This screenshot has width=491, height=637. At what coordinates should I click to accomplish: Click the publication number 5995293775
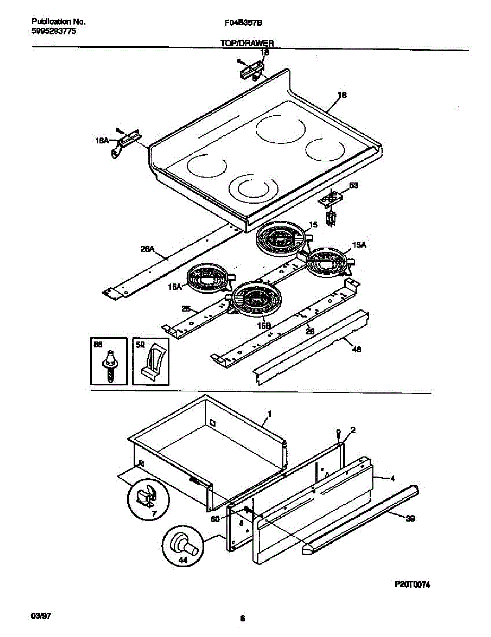54,31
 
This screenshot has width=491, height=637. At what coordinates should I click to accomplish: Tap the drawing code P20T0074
412,584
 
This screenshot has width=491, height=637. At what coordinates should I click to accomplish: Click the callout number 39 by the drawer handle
409,520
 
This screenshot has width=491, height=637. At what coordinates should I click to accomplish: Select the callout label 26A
147,247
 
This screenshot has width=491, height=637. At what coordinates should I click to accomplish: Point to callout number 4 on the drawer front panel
392,478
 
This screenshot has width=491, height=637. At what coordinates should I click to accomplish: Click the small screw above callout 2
338,433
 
